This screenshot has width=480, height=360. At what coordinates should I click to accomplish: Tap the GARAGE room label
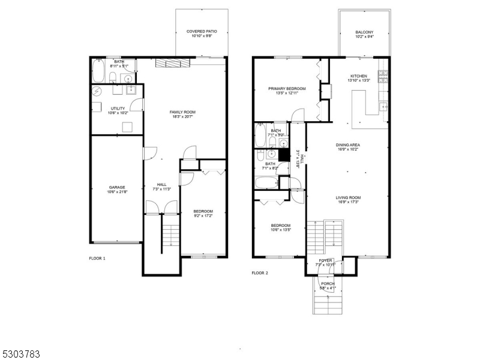[x=116, y=187]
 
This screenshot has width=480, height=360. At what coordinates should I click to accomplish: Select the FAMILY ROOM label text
[x=182, y=112]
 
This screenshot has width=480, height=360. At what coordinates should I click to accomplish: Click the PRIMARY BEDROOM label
[x=287, y=89]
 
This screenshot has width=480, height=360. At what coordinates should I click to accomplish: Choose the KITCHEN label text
[x=359, y=76]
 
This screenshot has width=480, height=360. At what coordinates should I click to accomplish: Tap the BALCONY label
[x=364, y=32]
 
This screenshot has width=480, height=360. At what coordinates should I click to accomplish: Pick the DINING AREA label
[x=347, y=145]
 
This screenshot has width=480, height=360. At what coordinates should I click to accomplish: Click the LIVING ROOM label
[x=347, y=197]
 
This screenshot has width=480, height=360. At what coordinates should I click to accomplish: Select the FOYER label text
[x=326, y=260]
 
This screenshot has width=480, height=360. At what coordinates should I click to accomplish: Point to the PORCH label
[x=328, y=283]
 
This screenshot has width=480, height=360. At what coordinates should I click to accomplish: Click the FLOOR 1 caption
[x=97, y=258]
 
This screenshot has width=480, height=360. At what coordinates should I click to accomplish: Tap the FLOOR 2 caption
[x=260, y=272]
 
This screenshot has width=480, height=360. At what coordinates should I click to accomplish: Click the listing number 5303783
[x=21, y=354]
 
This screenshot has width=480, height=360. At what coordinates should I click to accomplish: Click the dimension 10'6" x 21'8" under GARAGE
[x=116, y=192]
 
